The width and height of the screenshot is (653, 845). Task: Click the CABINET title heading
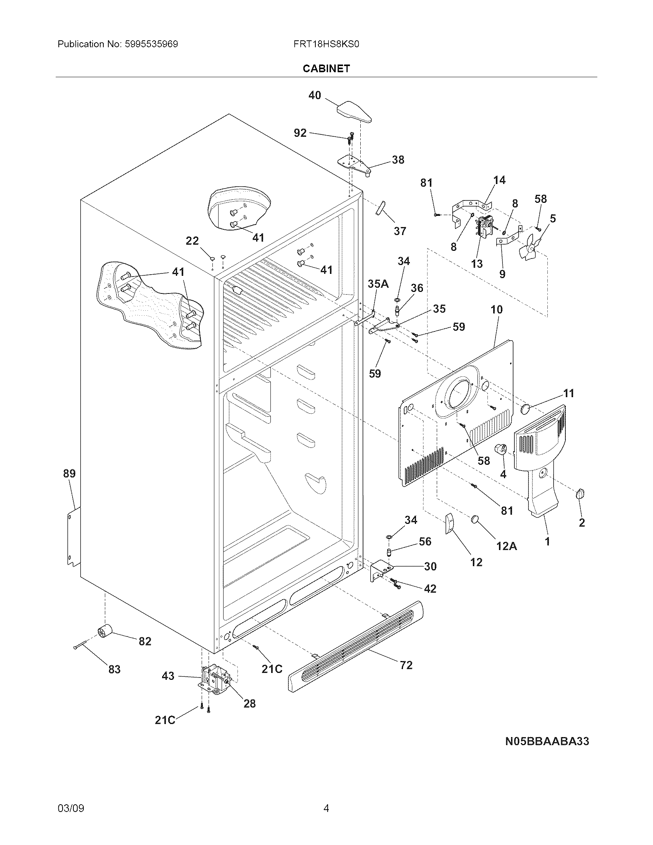click(x=326, y=68)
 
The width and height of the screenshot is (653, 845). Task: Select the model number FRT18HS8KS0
click(x=326, y=44)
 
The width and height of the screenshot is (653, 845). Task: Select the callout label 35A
click(x=378, y=284)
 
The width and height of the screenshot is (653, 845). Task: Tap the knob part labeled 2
click(x=580, y=493)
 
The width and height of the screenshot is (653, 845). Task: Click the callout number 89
click(x=70, y=473)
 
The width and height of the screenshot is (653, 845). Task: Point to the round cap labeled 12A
click(x=476, y=519)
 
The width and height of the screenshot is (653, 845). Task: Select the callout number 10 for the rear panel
click(x=497, y=310)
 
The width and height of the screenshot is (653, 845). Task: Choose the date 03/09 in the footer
click(x=71, y=797)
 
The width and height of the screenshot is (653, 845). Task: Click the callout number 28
click(x=250, y=703)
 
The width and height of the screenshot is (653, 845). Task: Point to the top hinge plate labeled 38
click(x=354, y=164)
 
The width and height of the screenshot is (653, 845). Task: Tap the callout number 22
click(x=192, y=241)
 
